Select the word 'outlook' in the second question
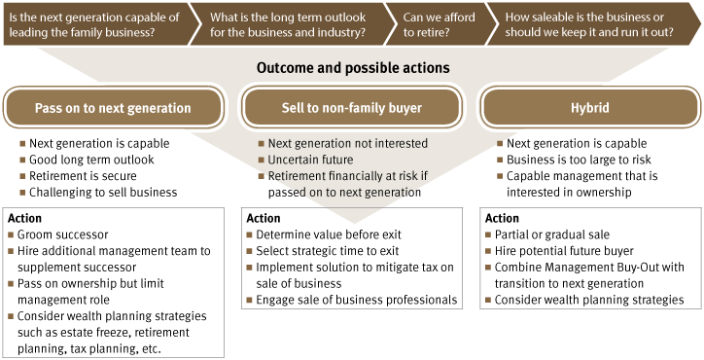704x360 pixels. click(x=344, y=17)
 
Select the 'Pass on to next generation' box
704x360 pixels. click(x=113, y=108)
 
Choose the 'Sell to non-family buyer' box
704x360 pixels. click(x=352, y=108)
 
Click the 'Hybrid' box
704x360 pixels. click(x=590, y=108)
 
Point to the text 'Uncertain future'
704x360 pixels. click(x=310, y=160)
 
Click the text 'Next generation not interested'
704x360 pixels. click(x=347, y=144)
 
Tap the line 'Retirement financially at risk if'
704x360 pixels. click(x=347, y=176)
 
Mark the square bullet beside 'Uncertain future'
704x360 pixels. click(x=261, y=160)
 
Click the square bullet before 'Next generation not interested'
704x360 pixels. click(x=261, y=144)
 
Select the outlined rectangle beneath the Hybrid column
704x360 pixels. click(x=590, y=258)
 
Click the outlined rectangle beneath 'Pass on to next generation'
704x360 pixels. click(x=113, y=281)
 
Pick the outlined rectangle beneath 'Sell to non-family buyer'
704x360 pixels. click(x=352, y=258)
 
